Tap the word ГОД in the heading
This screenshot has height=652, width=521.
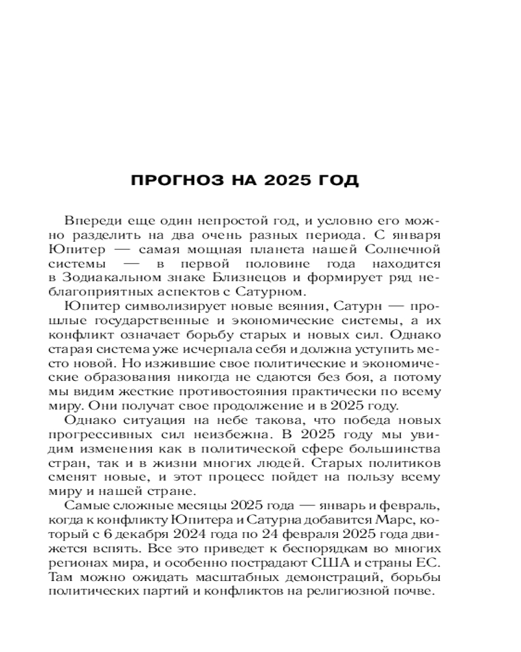[x=337, y=181]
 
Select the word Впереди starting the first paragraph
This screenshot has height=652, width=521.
[x=89, y=221]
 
